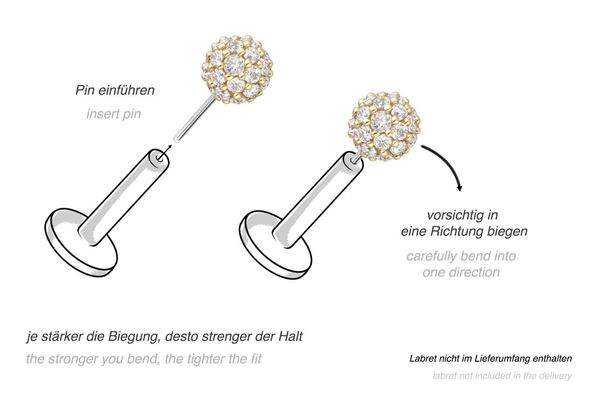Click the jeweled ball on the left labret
[238, 69]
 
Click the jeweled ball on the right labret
[384, 126]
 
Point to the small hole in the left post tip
[159, 158]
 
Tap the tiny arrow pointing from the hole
[165, 152]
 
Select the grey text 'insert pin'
[113, 114]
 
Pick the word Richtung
[456, 231]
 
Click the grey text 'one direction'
[461, 272]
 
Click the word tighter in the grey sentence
[206, 359]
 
